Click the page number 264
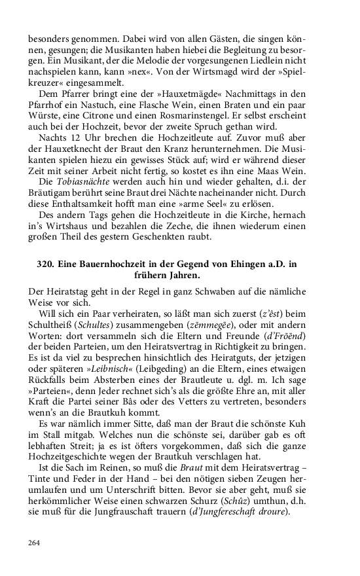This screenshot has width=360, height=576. [x=35, y=543]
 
